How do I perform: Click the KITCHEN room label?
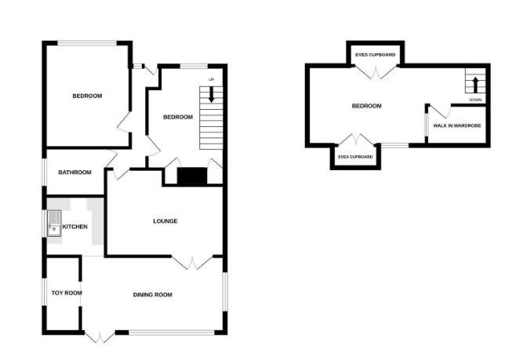(x=86, y=227)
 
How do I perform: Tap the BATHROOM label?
(x=75, y=173)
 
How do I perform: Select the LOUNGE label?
(x=165, y=221)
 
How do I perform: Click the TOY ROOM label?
(x=67, y=293)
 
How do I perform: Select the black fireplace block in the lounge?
(x=191, y=177)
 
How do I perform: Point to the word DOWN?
(x=475, y=100)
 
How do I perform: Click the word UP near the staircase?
(x=211, y=80)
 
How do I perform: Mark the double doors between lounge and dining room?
(x=193, y=262)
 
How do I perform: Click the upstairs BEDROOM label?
(x=366, y=106)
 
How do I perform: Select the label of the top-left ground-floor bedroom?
(x=87, y=96)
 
